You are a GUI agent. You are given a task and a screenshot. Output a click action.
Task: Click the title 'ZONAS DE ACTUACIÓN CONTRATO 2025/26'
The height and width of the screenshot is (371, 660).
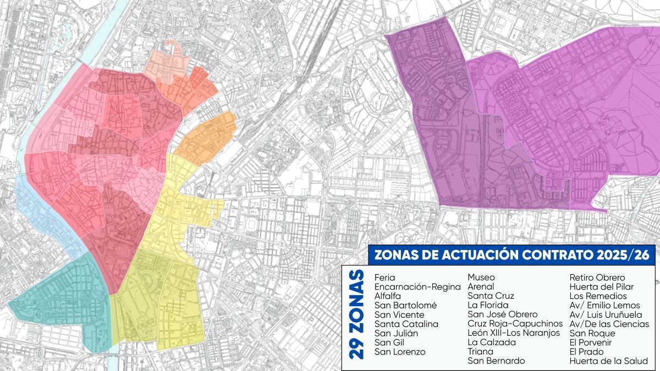point(511,255)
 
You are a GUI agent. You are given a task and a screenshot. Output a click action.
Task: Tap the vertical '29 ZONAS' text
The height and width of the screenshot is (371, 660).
point(357,314)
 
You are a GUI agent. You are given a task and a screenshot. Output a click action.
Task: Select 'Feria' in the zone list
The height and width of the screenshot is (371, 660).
point(384,278)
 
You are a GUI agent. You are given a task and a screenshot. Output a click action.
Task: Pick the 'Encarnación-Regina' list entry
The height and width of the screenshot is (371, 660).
point(417,287)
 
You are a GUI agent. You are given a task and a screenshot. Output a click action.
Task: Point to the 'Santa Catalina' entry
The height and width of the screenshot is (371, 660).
point(406,324)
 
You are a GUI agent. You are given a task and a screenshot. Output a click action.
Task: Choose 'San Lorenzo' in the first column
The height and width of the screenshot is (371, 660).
point(400,352)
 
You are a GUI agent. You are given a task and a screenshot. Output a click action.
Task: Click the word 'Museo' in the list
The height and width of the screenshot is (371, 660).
point(481,278)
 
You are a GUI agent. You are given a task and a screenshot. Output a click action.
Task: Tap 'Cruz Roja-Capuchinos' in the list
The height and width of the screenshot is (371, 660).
point(515,324)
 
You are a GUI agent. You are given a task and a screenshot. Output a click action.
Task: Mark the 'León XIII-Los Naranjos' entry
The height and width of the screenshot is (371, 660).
point(513,333)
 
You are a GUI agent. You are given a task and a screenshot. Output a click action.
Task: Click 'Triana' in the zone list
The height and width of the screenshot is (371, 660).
point(481,352)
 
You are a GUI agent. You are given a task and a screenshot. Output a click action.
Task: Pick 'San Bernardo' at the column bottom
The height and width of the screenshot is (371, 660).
point(496,361)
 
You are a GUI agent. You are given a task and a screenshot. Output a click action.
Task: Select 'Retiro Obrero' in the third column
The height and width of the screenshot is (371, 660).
point(597,278)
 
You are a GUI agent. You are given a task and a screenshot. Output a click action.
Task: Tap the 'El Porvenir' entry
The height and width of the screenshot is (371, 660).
point(591,342)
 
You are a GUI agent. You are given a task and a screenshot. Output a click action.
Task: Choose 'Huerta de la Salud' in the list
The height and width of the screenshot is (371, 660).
point(608,361)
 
